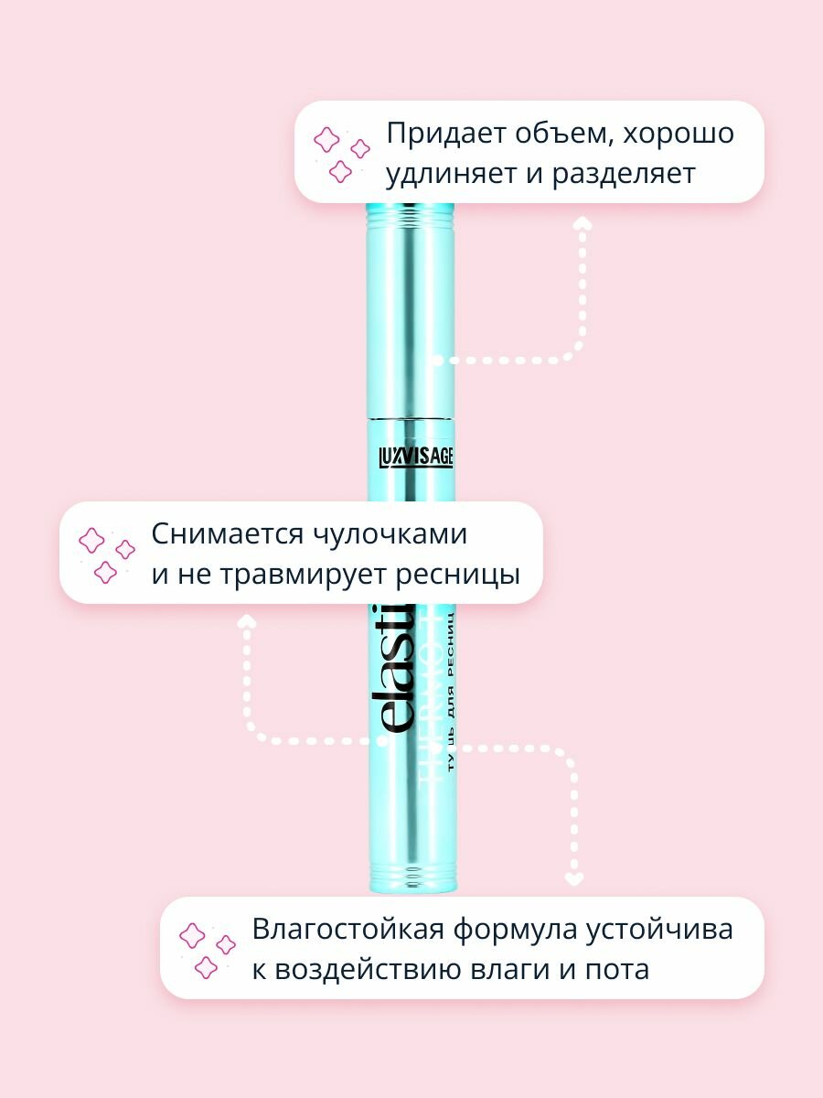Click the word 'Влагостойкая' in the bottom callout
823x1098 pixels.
342,929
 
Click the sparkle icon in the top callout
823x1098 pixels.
341,152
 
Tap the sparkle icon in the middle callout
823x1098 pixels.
106,554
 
